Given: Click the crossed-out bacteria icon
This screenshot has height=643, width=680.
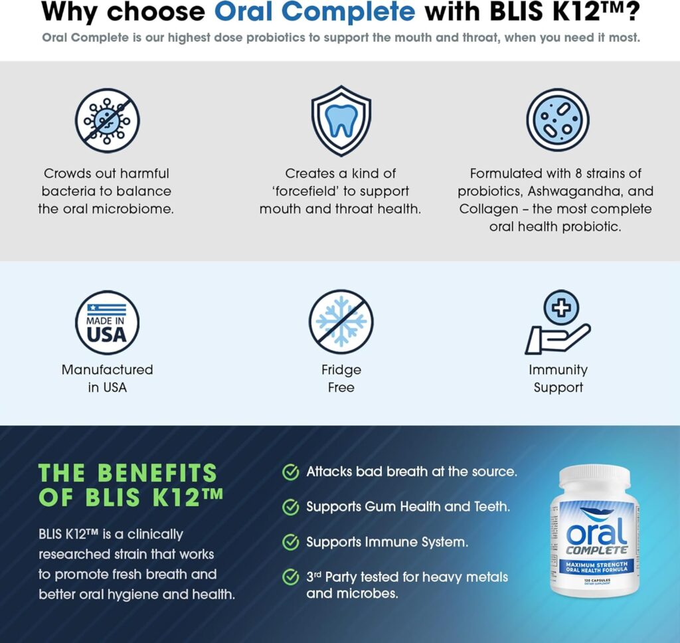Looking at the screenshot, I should click(107, 120).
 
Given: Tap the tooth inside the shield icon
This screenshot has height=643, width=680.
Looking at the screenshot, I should click(341, 120).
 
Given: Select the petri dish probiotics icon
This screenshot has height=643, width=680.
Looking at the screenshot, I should click(558, 120).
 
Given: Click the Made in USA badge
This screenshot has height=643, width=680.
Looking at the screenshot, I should click(107, 322).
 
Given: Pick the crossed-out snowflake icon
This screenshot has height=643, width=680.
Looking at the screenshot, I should click(341, 322).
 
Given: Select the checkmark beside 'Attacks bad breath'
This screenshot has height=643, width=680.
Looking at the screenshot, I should click(290, 472).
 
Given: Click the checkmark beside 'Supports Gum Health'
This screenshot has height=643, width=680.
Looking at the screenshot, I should click(290, 507).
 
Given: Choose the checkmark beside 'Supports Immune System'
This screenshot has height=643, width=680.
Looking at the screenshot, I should click(290, 542).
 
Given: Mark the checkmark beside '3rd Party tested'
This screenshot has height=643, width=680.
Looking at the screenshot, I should click(290, 577).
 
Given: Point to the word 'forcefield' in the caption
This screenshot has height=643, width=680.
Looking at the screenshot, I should click(343, 191).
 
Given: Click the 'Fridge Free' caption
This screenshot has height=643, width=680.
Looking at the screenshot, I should click(341, 379).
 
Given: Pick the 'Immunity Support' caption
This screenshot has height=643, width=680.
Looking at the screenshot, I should click(558, 379).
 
